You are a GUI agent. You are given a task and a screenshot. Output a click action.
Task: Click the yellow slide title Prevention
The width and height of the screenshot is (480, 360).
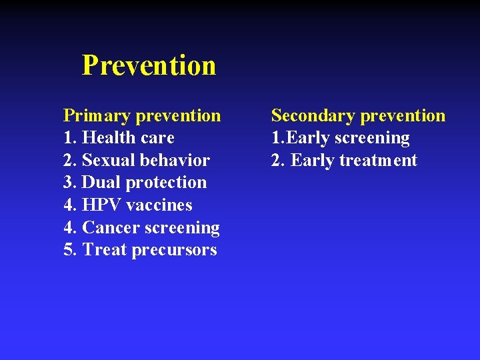coord(149,65)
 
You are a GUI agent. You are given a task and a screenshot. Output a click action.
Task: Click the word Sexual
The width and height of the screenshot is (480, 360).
coord(106,161)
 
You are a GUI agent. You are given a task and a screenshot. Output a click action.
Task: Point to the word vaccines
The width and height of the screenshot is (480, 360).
coord(160,205)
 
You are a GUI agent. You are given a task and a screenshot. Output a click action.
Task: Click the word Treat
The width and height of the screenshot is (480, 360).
coord(105,250)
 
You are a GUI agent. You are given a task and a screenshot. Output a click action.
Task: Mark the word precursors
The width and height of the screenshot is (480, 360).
coord(175,251)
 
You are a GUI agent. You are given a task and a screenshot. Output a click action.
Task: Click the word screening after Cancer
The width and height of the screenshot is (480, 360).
coord(179,229)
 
